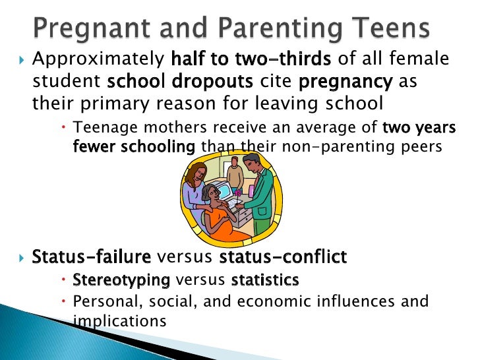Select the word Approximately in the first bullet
(x=98, y=60)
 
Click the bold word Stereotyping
(x=121, y=280)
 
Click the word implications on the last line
(x=118, y=320)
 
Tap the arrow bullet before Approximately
(x=19, y=61)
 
